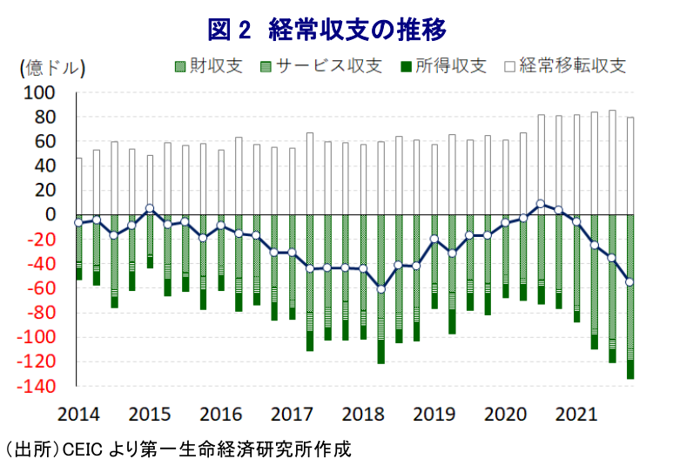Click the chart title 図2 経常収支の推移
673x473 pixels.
pos(327,29)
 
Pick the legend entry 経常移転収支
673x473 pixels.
pos(571,66)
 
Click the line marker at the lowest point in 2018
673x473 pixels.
pos(380,288)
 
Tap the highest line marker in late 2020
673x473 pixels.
pos(541,204)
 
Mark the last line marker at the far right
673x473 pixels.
pos(629,282)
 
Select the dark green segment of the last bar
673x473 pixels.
pos(629,369)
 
